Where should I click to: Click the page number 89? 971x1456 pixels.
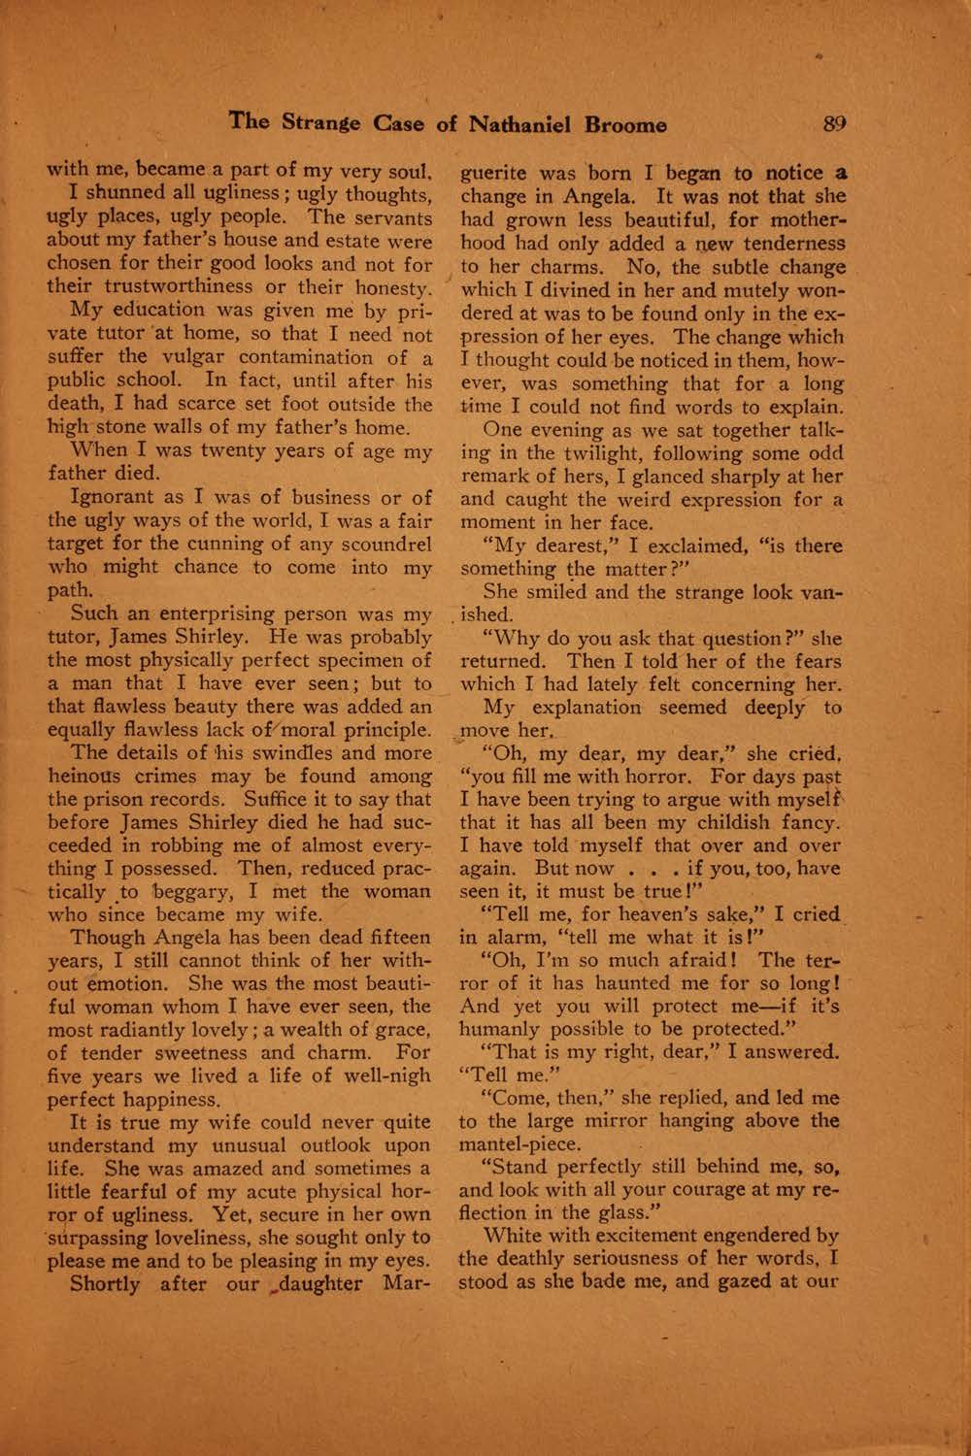(834, 124)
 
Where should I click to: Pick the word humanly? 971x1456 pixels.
(499, 1028)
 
